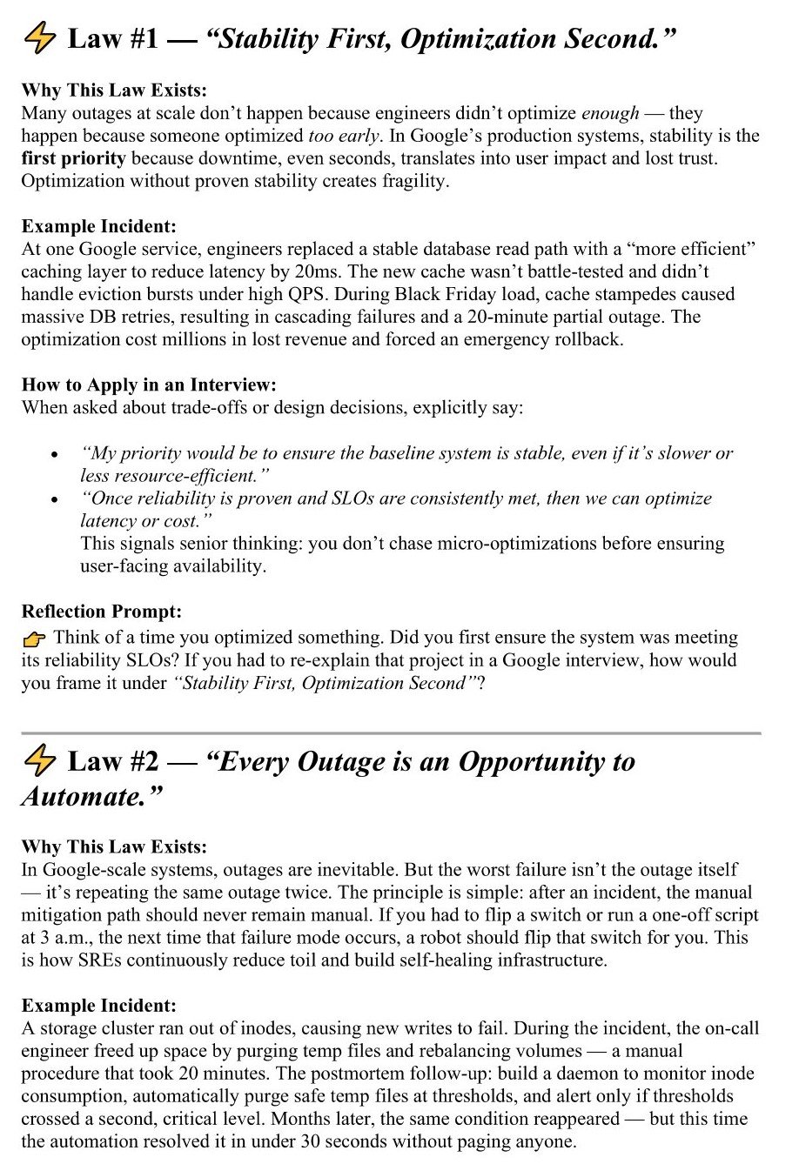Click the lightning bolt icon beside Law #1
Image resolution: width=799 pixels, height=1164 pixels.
[39, 39]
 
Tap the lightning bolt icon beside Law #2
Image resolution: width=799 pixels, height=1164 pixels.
[39, 761]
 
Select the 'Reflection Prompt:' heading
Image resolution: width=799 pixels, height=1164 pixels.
[102, 612]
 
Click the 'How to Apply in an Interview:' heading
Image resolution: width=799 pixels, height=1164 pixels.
[148, 385]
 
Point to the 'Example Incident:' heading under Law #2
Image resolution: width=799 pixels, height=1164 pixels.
[98, 1005]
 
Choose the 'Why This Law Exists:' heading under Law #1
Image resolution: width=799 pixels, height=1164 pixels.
[114, 90]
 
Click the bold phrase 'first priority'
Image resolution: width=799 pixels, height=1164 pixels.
[73, 158]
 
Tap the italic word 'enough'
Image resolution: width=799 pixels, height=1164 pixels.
[609, 113]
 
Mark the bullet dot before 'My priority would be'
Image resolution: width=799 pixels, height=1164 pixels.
[56, 455]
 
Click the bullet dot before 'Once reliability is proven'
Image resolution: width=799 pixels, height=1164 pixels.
[56, 500]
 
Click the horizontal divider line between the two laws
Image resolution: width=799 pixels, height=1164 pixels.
[391, 733]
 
